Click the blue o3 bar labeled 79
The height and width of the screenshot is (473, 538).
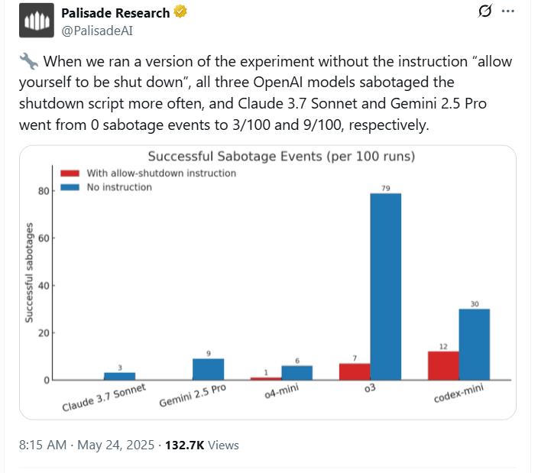point(385,287)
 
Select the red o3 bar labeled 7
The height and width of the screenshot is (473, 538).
point(355,371)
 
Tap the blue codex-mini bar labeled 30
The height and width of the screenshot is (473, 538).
point(474,344)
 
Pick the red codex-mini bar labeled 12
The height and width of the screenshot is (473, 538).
point(443,365)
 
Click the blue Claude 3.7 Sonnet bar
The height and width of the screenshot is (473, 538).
point(119,376)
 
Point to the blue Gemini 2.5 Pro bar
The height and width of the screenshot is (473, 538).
point(208,369)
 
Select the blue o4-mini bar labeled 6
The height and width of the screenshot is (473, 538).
point(297,372)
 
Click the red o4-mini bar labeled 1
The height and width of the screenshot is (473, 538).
point(266,378)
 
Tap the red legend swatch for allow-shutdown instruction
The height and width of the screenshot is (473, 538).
point(70,173)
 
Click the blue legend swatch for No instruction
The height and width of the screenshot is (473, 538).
point(70,186)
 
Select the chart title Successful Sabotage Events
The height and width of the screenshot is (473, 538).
point(281,157)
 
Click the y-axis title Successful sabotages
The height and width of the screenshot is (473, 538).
point(29,272)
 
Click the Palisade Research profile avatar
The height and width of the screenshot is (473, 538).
point(37,21)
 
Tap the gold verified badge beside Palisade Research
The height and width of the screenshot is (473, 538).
point(180,13)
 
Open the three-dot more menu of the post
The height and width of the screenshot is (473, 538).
point(507,11)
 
